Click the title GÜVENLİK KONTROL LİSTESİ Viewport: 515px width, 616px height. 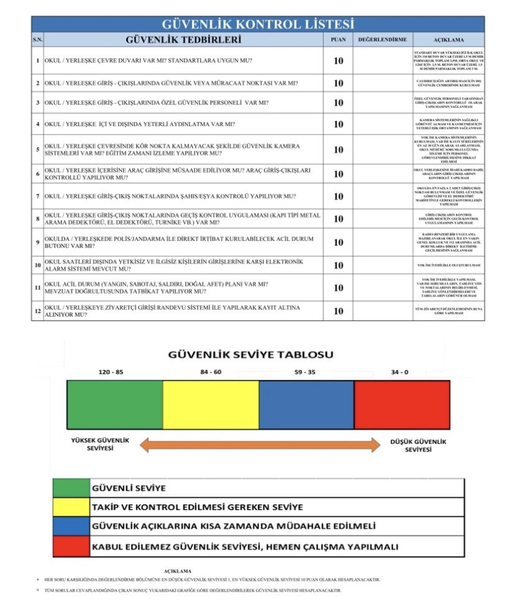(257, 24)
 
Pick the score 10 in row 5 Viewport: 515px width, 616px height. (338, 150)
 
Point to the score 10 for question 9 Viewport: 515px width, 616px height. (338, 242)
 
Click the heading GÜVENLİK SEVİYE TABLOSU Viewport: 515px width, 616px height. (251, 355)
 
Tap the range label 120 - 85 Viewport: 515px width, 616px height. (111, 372)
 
